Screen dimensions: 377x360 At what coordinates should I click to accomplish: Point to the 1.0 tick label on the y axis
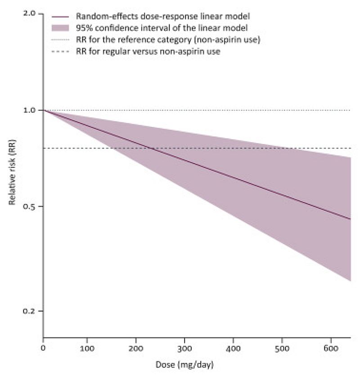[29, 110]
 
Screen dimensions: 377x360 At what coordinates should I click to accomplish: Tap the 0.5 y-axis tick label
[29, 206]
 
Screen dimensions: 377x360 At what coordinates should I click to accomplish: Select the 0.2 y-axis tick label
[29, 311]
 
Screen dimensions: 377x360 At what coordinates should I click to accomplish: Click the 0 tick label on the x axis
[43, 347]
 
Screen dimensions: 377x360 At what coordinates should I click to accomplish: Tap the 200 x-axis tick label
[135, 347]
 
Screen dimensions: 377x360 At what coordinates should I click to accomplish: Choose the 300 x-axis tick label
[184, 347]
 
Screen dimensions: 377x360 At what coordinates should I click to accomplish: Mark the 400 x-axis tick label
[233, 347]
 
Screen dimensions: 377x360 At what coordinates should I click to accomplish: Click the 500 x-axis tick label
[282, 347]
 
